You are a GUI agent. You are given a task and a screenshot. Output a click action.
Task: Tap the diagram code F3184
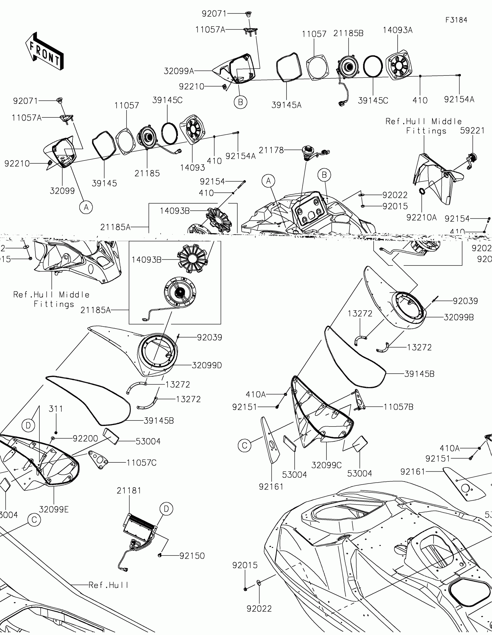click(x=456, y=20)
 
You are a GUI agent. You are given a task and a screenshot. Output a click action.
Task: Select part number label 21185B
click(x=348, y=34)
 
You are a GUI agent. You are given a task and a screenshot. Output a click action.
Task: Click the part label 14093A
click(x=397, y=30)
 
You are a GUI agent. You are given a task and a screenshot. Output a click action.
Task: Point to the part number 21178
click(x=271, y=150)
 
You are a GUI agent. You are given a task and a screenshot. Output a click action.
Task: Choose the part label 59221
click(x=472, y=131)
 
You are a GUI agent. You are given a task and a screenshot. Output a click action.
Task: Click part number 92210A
click(x=421, y=217)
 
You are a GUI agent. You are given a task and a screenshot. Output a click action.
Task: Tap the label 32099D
click(x=207, y=366)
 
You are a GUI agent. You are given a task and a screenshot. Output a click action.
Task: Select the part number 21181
click(x=129, y=491)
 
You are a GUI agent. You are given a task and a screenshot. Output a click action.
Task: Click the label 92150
click(x=192, y=556)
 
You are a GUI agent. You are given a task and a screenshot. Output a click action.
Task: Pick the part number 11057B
click(x=398, y=407)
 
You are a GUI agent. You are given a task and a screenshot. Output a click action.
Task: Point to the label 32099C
click(x=326, y=465)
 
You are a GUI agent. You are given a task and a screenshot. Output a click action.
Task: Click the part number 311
click(x=56, y=409)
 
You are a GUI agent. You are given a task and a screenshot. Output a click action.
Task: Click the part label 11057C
click(x=142, y=463)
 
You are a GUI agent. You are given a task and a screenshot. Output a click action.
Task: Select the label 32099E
click(x=54, y=510)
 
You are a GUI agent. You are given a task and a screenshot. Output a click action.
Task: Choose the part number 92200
click(x=85, y=438)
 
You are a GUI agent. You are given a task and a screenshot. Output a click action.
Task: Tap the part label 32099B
click(x=458, y=317)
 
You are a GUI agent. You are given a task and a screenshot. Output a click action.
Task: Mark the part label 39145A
click(x=286, y=105)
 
